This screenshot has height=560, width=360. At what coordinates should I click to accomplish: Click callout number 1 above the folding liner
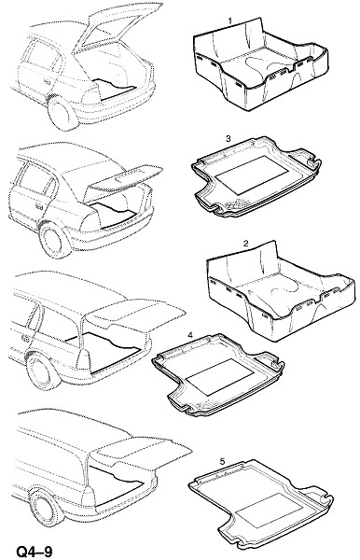click(230, 21)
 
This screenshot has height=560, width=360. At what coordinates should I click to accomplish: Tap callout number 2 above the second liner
click(245, 244)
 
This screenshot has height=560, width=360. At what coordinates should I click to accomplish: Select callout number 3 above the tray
click(228, 138)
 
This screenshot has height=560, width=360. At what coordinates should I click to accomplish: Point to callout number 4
click(190, 335)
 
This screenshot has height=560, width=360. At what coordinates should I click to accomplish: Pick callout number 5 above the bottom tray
click(222, 461)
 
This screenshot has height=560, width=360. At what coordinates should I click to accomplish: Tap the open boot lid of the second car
click(125, 178)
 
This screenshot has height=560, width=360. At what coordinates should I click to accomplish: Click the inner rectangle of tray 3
click(253, 175)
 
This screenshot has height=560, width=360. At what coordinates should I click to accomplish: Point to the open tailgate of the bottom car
click(143, 452)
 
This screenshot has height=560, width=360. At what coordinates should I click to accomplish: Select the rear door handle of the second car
click(39, 206)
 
